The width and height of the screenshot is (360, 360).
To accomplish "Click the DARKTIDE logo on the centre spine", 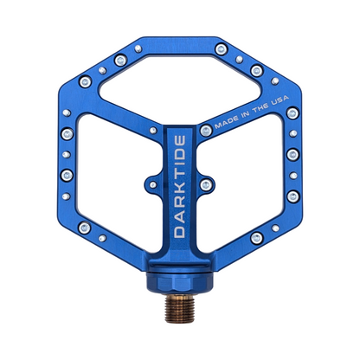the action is pos(180,187).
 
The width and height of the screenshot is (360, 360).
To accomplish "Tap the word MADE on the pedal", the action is pos(227,122).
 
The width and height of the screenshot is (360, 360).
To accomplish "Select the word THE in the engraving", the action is pos(260,108).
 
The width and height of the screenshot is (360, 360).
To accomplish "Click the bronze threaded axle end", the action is pos(179,309).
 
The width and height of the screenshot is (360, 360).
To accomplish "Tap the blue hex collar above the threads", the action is pos(179,282).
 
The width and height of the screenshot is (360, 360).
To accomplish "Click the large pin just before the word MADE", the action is pos(206,131).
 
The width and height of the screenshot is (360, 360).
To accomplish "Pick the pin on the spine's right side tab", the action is pos(206,184).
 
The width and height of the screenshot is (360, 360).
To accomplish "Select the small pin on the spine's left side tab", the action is pos(153,184).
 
